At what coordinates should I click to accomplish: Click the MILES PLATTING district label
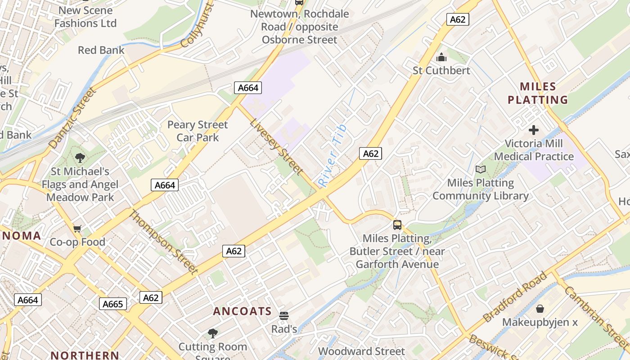(x=538, y=93)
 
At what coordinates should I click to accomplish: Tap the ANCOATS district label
(x=243, y=311)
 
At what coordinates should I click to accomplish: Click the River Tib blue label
(x=333, y=155)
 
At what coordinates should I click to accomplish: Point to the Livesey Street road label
(x=276, y=146)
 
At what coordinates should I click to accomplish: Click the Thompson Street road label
(x=163, y=242)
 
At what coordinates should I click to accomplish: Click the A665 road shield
(x=112, y=304)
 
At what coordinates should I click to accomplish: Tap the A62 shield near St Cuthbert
(x=458, y=19)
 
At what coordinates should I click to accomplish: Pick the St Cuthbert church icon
(x=441, y=58)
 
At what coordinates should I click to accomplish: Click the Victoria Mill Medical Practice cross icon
(x=534, y=130)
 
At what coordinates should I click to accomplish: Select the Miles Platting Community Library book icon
(x=481, y=170)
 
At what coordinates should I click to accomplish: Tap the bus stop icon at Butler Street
(x=397, y=225)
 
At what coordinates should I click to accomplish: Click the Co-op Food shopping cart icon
(x=77, y=229)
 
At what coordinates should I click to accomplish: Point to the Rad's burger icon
(x=283, y=316)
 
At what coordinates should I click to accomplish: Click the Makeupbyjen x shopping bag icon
(x=540, y=309)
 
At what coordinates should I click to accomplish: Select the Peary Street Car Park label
(x=198, y=131)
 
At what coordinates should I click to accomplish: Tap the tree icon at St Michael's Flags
(x=80, y=158)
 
